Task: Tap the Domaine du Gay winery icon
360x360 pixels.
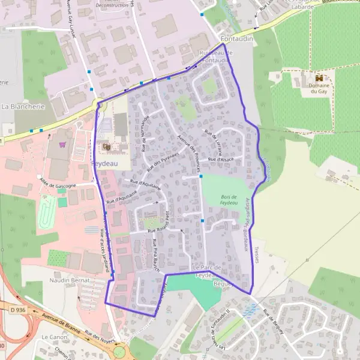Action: [x=319, y=78]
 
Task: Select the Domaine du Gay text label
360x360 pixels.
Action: [x=319, y=90]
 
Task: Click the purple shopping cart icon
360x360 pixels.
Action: [x=62, y=145]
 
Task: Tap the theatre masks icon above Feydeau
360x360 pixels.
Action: [x=107, y=146]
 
